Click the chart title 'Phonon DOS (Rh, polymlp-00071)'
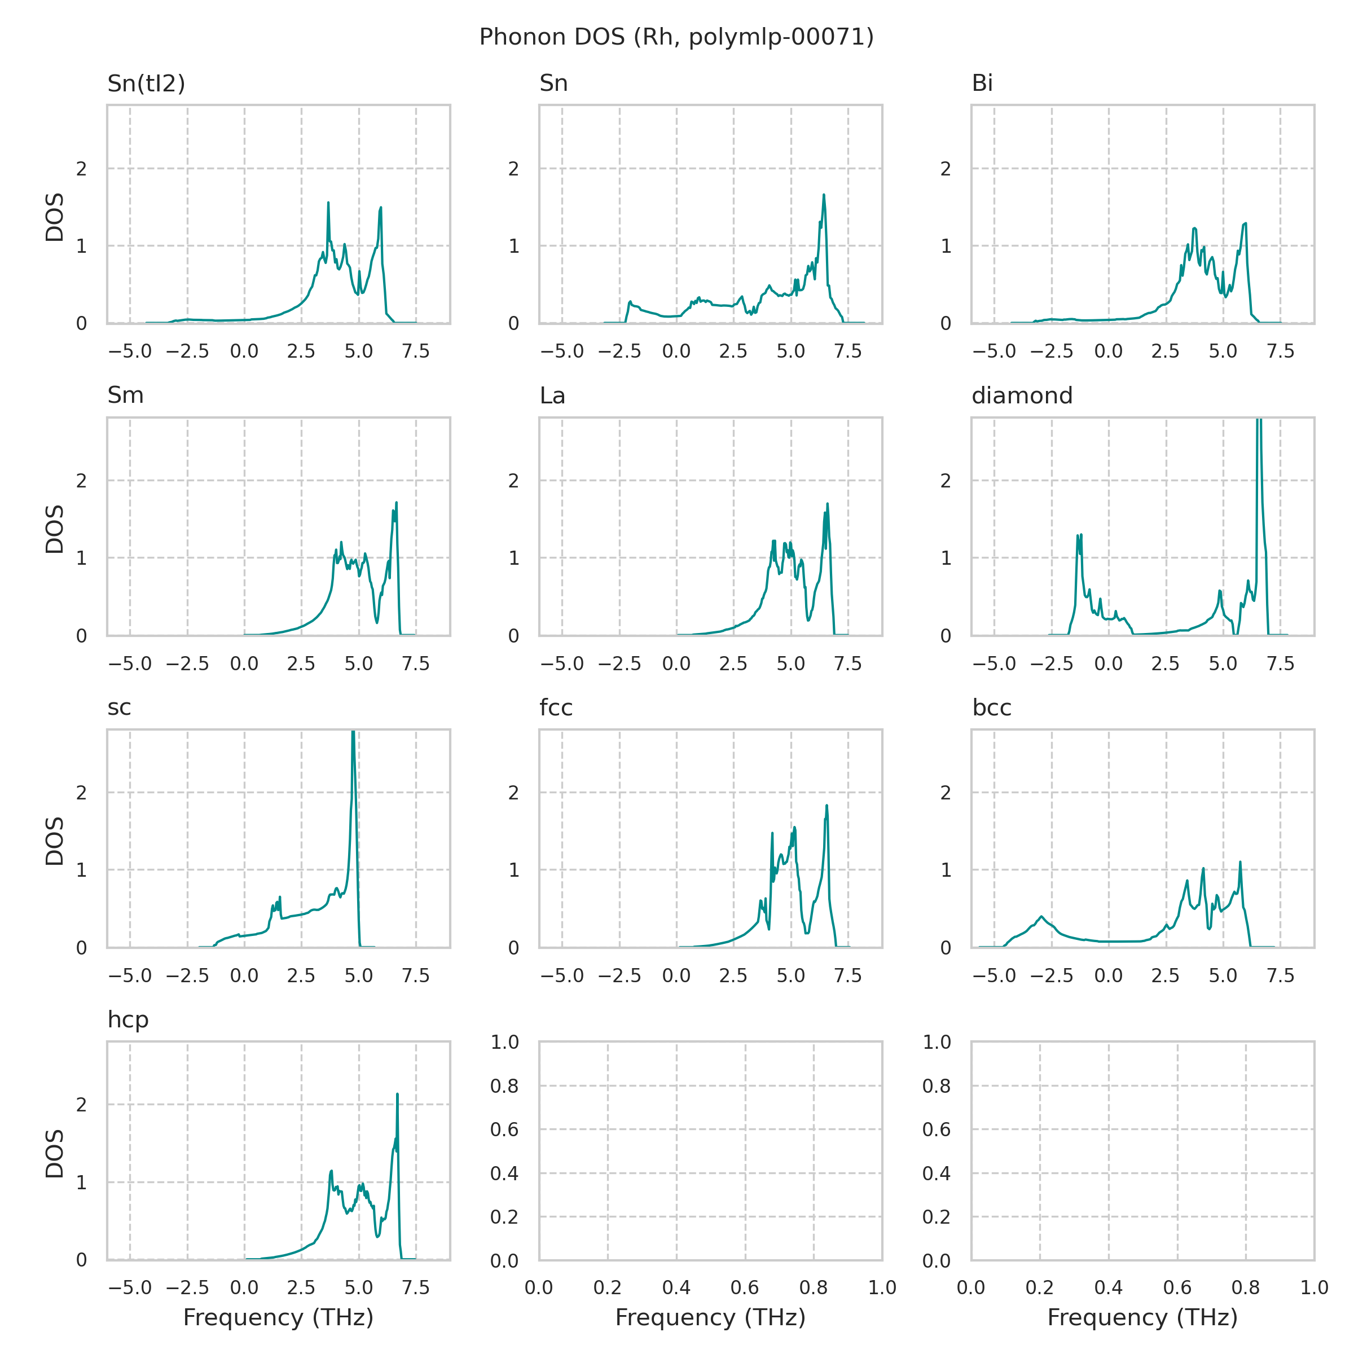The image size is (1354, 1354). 676,37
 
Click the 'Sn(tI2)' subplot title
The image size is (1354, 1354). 146,83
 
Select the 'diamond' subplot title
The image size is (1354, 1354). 1022,395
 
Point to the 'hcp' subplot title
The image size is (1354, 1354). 128,1019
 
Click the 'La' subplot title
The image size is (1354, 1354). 552,395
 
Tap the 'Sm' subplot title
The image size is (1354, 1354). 125,395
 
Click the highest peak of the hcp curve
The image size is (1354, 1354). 397,1094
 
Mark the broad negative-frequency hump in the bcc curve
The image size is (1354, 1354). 1042,917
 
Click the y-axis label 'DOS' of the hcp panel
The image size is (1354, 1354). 55,1153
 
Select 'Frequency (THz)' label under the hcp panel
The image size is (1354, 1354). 278,1317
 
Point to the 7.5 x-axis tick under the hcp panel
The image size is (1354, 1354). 416,1287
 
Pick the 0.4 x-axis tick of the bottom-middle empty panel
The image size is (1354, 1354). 676,1287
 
